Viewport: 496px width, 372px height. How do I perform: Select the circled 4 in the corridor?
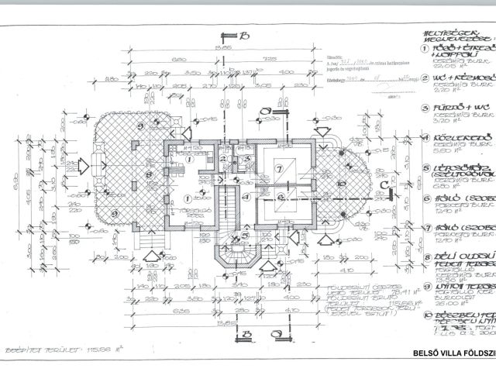[245, 196]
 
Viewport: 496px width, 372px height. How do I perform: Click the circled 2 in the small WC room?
[222, 160]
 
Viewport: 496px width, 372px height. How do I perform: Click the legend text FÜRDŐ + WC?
[453, 107]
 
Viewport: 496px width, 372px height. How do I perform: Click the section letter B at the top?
[243, 36]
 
